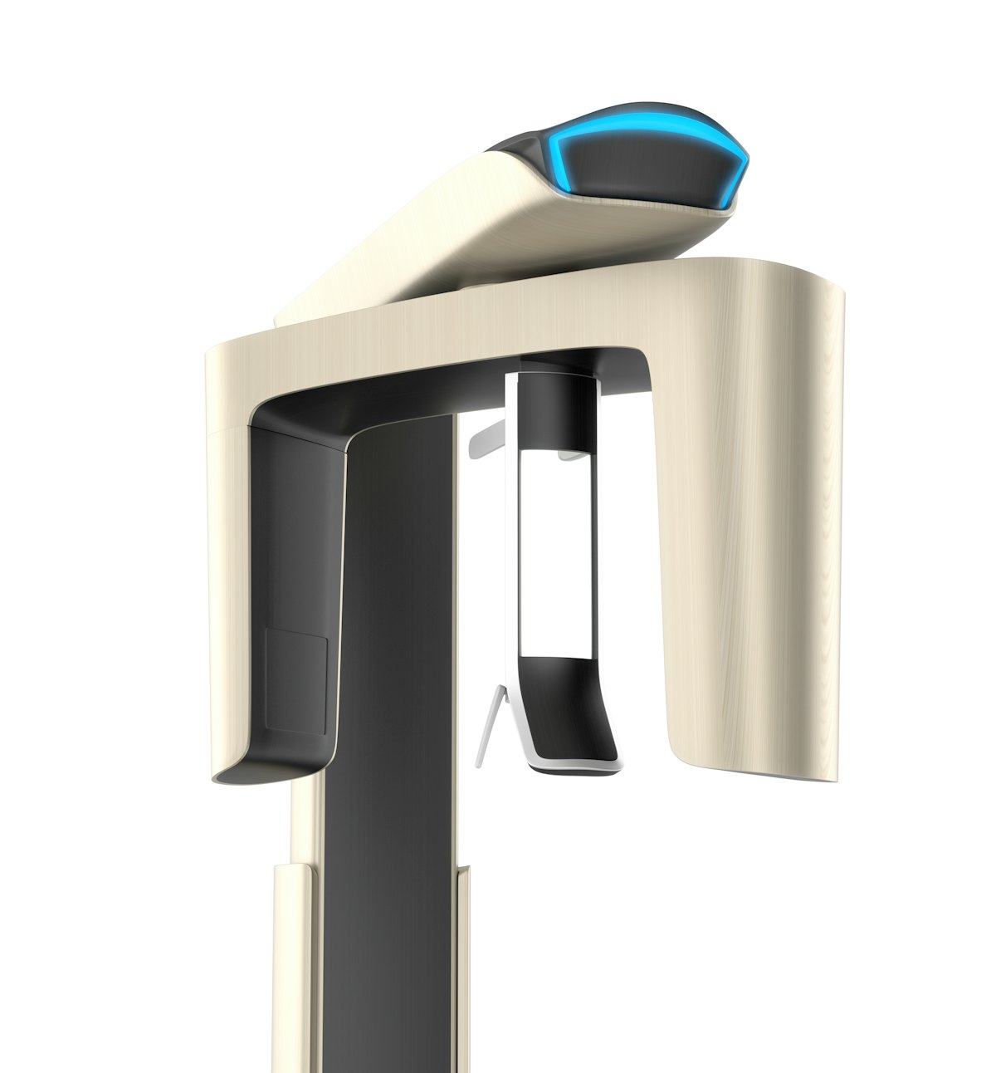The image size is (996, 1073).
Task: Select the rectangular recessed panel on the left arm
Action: pos(295,681)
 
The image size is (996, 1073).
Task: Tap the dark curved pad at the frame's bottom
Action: pos(573,698)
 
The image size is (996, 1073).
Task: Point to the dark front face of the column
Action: pos(390,747)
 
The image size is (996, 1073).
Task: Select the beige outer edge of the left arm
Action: pos(227,581)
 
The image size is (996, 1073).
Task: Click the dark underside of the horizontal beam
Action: pos(432,390)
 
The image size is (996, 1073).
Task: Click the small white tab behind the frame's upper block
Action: pos(569,455)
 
